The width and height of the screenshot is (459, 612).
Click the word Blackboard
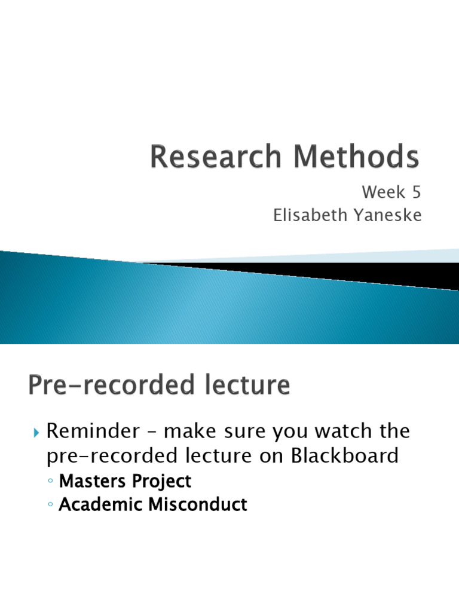[x=345, y=456]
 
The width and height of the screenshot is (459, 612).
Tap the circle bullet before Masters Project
[x=51, y=482]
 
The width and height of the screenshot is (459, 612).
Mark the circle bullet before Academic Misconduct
[x=51, y=505]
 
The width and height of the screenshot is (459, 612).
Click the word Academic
[x=98, y=504]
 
